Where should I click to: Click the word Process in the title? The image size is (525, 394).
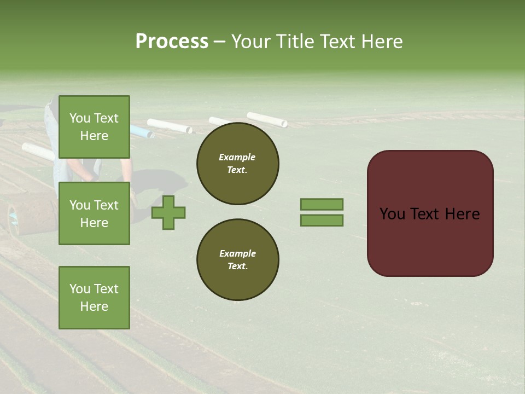[x=172, y=42]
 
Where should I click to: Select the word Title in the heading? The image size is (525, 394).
[x=295, y=42]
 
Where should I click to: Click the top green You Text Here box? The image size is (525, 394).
[x=94, y=127]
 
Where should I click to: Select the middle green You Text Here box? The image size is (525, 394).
[x=94, y=213]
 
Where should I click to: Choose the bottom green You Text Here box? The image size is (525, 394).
[x=94, y=298]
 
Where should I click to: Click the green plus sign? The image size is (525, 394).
[x=168, y=212]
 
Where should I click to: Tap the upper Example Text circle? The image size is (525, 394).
[x=238, y=164]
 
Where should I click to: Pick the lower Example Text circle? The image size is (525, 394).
[x=238, y=260]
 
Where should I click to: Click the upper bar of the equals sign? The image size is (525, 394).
[x=322, y=205]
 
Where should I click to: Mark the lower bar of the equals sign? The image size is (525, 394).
[x=322, y=221]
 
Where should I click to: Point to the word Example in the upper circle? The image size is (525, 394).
[x=237, y=157]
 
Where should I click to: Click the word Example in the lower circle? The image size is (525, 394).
[x=237, y=253]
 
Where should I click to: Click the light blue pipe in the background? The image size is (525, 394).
[x=141, y=131]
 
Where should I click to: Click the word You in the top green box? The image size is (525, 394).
[x=80, y=118]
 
